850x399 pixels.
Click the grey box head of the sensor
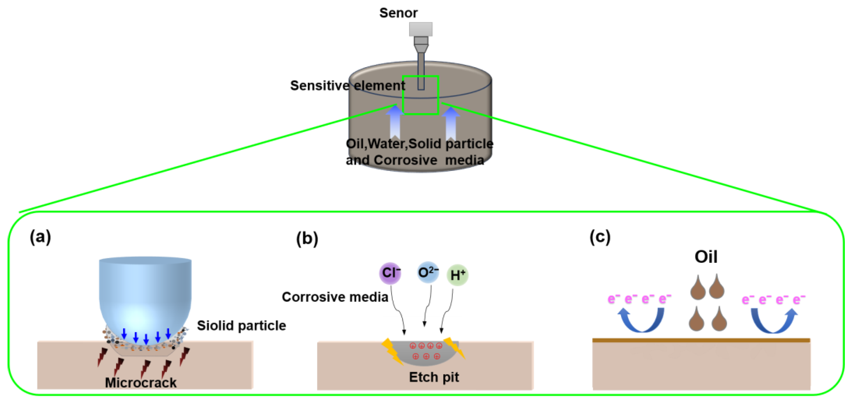coord(421,29)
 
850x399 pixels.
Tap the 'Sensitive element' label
coord(348,85)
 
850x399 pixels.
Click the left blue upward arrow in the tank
coord(395,122)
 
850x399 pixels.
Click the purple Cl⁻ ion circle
coord(390,273)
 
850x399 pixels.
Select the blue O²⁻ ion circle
coord(428,272)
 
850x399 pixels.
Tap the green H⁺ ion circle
coord(457,275)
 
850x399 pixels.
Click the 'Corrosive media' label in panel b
coord(335,297)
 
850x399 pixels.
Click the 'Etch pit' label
coord(434,377)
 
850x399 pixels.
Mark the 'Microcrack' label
coord(141,382)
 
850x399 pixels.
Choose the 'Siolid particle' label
coord(241,326)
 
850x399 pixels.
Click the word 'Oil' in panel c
coord(705,257)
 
